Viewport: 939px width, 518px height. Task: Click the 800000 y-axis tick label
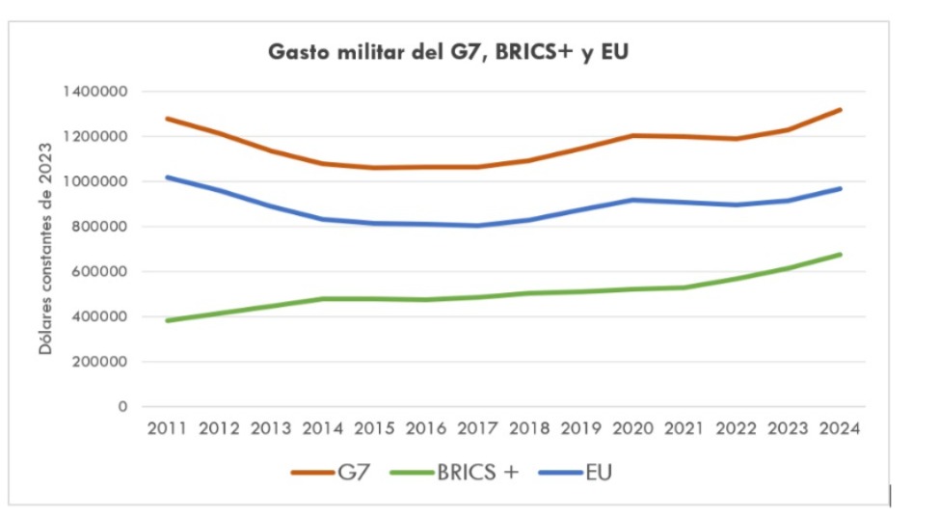click(x=101, y=227)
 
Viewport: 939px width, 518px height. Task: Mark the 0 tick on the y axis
click(x=122, y=407)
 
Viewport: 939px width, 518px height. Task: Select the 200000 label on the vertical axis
click(x=101, y=362)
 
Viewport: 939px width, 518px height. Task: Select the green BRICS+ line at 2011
click(x=169, y=320)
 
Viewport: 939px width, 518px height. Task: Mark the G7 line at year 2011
click(x=169, y=119)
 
